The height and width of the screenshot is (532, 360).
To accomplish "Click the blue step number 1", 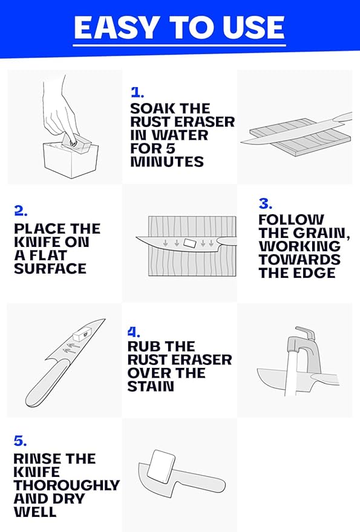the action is pyautogui.click(x=137, y=93).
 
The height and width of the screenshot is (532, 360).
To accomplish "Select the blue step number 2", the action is pyautogui.click(x=21, y=211).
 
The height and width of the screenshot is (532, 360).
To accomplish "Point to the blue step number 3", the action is pyautogui.click(x=266, y=203).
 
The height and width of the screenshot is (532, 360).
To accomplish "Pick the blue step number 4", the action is pyautogui.click(x=134, y=332).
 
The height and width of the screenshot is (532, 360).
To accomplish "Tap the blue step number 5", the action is pyautogui.click(x=20, y=441).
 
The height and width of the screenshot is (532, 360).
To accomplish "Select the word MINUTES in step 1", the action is pyautogui.click(x=167, y=162).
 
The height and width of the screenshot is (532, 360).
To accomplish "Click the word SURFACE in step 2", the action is pyautogui.click(x=50, y=268).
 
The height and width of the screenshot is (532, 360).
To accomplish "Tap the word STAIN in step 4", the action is pyautogui.click(x=151, y=386).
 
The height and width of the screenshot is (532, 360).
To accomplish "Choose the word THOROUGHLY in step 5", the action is pyautogui.click(x=67, y=485).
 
